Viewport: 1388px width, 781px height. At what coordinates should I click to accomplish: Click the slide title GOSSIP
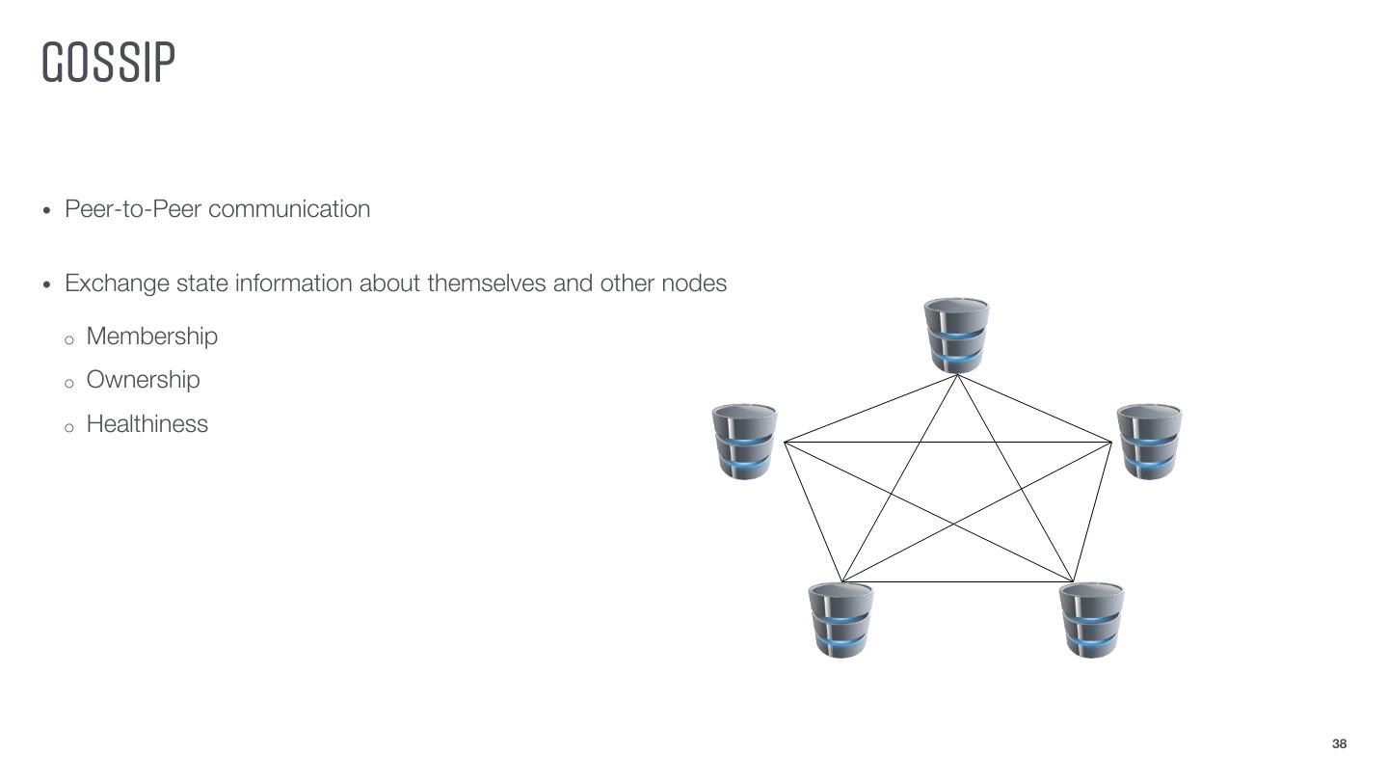(109, 63)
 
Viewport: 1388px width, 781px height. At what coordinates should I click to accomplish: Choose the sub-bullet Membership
(152, 337)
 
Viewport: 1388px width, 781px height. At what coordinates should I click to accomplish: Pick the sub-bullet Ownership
(144, 380)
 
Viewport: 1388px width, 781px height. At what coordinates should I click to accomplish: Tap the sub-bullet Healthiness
(147, 424)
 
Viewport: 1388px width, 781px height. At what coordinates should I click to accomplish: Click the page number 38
(1339, 744)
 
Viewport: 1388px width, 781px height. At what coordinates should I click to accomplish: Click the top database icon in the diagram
(956, 335)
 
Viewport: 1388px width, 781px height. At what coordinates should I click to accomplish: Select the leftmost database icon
(744, 442)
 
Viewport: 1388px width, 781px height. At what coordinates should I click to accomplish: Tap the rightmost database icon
(1149, 442)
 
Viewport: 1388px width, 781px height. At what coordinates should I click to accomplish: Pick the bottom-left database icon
(841, 620)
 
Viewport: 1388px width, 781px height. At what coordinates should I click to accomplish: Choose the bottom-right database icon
(1091, 620)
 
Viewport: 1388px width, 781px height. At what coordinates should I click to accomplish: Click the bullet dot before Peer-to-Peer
(48, 210)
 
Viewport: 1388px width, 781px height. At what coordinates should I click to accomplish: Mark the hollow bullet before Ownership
(68, 384)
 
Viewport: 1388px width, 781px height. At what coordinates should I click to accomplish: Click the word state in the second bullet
(202, 283)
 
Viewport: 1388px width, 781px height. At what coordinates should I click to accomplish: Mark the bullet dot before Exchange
(48, 284)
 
